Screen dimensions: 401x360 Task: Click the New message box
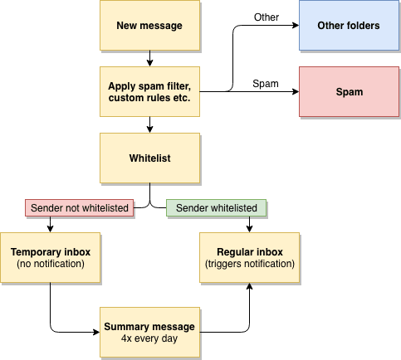click(x=149, y=26)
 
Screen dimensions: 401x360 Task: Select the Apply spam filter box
click(x=149, y=91)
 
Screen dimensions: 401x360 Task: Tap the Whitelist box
click(x=149, y=158)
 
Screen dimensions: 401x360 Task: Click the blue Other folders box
click(x=349, y=26)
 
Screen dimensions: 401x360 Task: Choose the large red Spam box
click(x=349, y=91)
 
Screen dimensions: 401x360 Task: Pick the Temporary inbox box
click(x=50, y=257)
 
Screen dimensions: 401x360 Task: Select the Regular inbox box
click(x=249, y=257)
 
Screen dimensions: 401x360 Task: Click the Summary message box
click(x=149, y=332)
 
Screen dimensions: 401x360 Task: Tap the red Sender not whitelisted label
click(x=80, y=207)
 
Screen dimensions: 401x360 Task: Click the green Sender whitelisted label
click(x=216, y=207)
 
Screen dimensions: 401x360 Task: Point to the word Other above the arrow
click(x=267, y=17)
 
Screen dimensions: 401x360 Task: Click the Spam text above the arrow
click(x=266, y=84)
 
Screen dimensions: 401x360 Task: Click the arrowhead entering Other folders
click(x=296, y=26)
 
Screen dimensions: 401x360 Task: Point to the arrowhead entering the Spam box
click(x=296, y=91)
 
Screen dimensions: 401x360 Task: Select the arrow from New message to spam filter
click(x=149, y=58)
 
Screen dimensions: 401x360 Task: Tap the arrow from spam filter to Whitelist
click(x=149, y=124)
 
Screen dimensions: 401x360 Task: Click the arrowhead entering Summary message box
click(x=96, y=332)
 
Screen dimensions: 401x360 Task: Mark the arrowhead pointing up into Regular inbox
click(x=249, y=286)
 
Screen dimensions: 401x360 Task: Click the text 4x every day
click(x=149, y=338)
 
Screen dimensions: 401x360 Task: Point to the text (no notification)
click(x=51, y=264)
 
